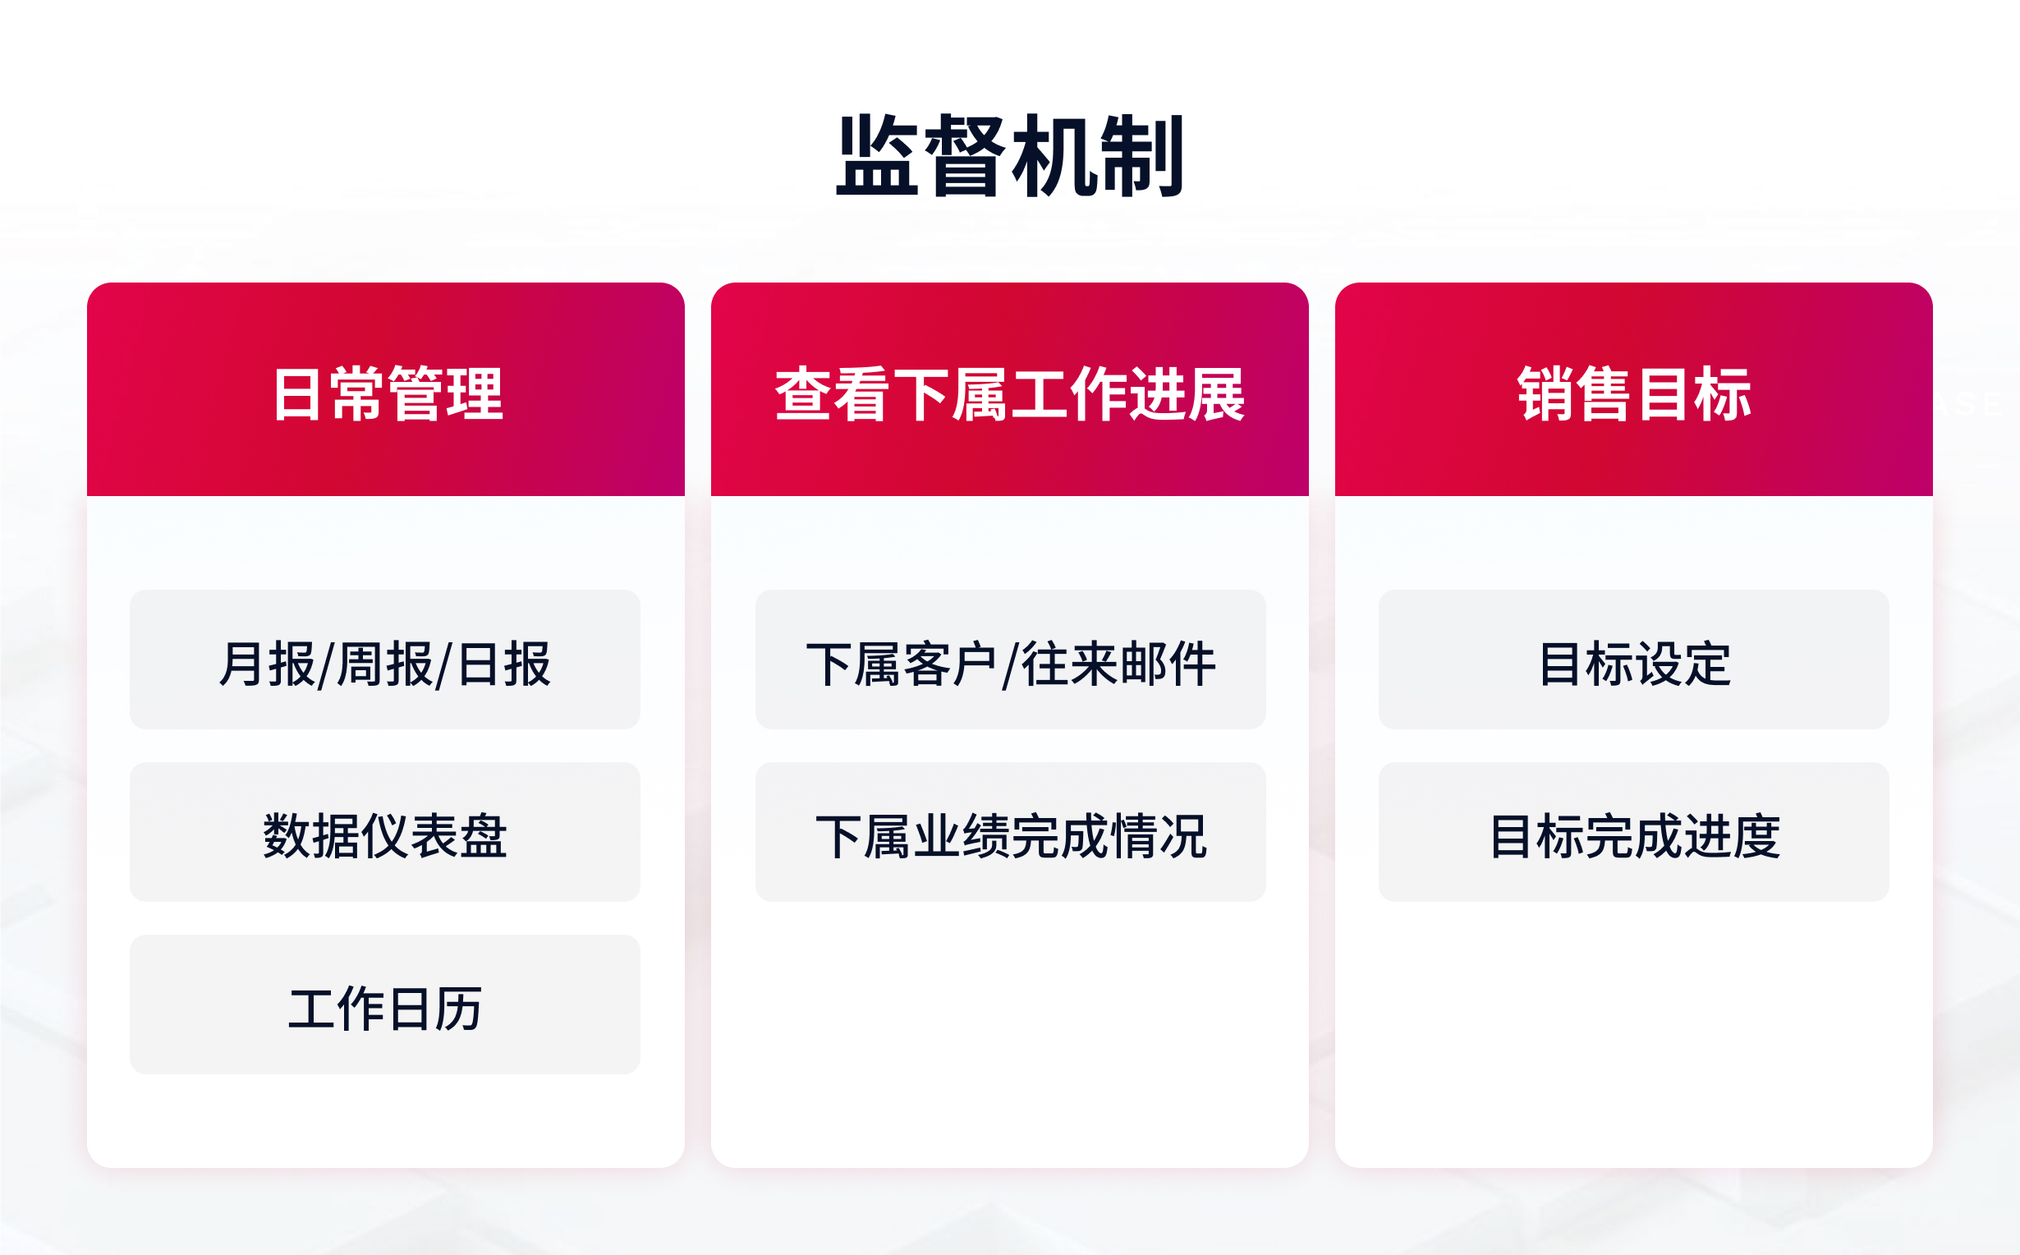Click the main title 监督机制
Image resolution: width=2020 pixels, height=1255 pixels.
click(x=1009, y=157)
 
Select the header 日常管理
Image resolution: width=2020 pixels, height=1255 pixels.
click(x=387, y=393)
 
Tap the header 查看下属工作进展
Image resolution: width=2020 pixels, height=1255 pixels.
click(x=1009, y=393)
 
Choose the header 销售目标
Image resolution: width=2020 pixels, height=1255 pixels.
click(x=1633, y=393)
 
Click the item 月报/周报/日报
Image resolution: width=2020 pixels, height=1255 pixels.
click(x=385, y=663)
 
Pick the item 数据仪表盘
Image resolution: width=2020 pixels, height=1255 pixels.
click(x=385, y=835)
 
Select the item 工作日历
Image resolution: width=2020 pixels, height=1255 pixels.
click(x=385, y=1008)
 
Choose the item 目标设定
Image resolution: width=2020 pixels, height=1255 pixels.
click(x=1633, y=663)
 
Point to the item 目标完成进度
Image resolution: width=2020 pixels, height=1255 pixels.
click(x=1633, y=835)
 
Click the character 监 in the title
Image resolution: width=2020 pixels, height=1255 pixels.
click(x=878, y=157)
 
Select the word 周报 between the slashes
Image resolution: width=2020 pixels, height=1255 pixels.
click(x=385, y=664)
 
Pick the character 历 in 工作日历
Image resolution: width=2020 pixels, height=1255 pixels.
click(x=458, y=1009)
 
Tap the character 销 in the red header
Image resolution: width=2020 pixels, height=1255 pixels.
click(x=1545, y=394)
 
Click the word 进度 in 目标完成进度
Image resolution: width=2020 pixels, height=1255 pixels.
click(x=1731, y=836)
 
